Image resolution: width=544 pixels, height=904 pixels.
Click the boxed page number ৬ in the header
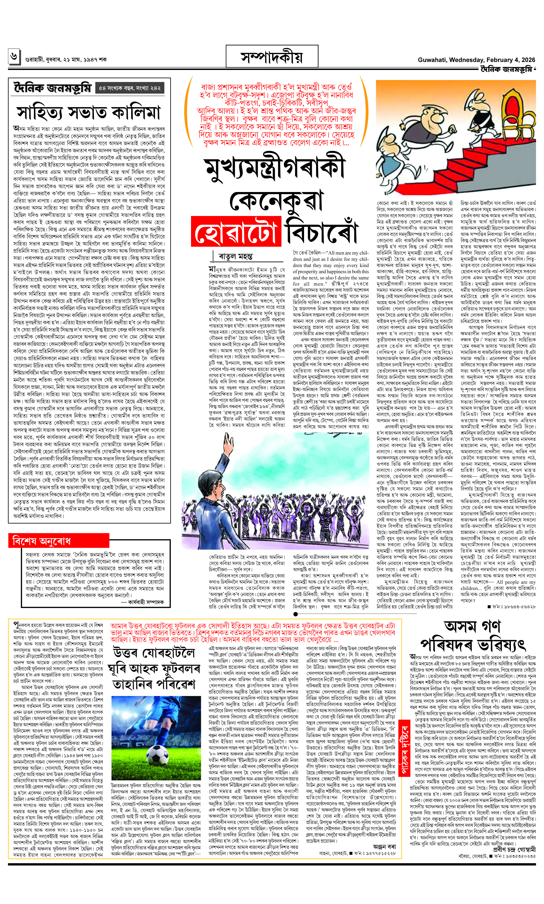point(14,57)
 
